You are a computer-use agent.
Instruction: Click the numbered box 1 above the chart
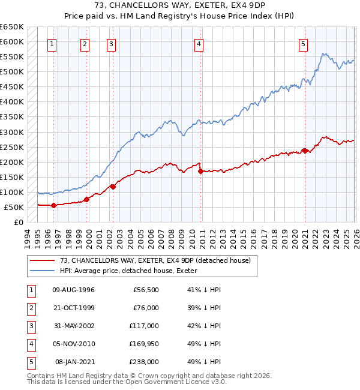coord(52,43)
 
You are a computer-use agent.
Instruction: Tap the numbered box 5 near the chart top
coord(304,43)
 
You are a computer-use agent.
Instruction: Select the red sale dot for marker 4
coord(200,171)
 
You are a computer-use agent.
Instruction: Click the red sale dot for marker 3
coord(113,187)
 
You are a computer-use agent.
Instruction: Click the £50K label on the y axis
coord(14,207)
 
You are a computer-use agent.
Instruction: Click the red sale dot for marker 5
coord(305,151)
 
